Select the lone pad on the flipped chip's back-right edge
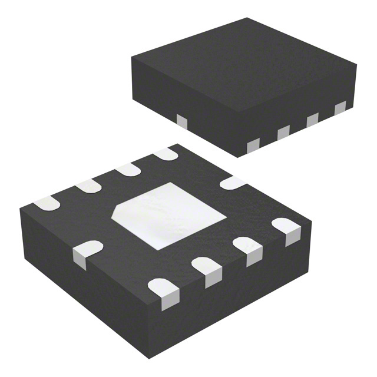point(233,183)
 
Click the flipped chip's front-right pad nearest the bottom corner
point(163,291)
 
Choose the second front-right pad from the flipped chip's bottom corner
point(206,270)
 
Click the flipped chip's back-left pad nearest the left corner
point(47,204)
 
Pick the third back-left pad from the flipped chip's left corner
point(128,170)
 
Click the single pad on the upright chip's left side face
point(181,121)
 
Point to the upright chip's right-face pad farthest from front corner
point(340,108)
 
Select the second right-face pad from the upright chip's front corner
point(284,132)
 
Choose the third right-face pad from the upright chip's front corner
point(312,120)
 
